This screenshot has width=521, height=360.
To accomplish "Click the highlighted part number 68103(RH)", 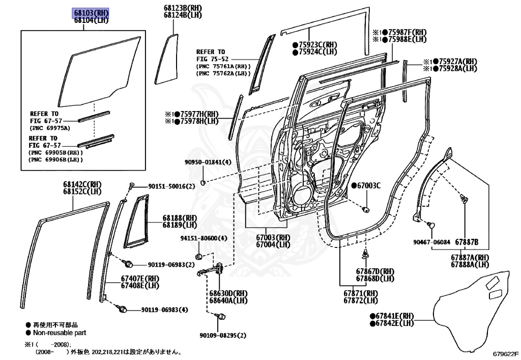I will click(x=92, y=13).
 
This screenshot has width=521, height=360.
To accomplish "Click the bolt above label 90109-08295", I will click(x=221, y=317).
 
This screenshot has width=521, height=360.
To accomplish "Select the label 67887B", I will click(x=466, y=241).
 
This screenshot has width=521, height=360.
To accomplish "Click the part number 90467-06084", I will click(x=431, y=241).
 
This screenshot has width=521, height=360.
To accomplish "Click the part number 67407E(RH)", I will click(x=140, y=278).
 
